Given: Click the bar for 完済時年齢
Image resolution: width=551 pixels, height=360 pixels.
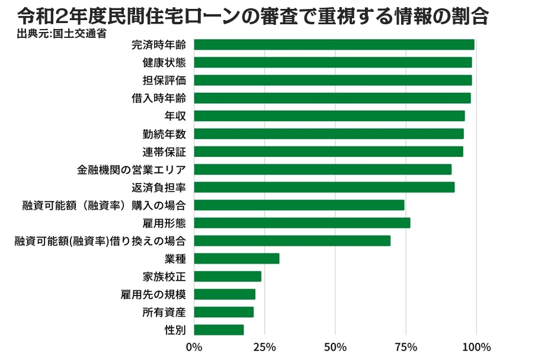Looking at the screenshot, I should (334, 44).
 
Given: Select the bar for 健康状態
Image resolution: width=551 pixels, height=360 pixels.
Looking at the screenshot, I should (333, 62).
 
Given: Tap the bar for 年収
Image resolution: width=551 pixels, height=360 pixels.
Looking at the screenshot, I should (329, 115).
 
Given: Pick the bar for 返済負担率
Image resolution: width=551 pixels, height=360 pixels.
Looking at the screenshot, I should (324, 187).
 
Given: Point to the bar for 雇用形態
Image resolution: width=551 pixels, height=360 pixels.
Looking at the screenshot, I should (302, 223).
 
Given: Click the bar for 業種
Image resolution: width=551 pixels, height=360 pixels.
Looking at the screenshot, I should (236, 258).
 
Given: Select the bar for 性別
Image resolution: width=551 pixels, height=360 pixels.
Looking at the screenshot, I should (219, 330).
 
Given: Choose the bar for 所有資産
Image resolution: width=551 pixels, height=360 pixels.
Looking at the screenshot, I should (223, 312).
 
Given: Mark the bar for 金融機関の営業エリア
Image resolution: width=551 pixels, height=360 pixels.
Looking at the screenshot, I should (323, 169).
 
